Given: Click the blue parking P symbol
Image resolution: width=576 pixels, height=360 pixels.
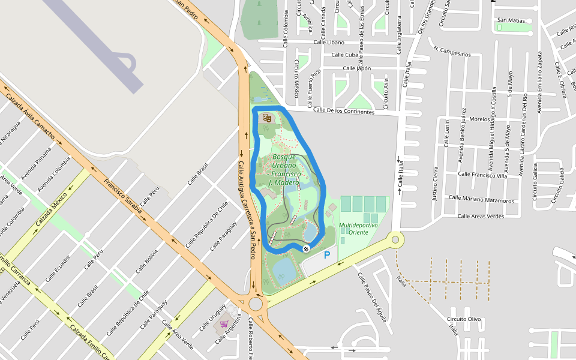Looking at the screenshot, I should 327,255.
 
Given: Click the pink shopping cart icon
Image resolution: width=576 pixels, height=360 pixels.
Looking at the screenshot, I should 224,324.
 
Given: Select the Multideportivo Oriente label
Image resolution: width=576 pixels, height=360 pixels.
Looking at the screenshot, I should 359,229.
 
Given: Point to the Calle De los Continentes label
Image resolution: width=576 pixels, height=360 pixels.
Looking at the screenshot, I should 344,111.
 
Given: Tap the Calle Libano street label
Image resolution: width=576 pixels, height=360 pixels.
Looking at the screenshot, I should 328,42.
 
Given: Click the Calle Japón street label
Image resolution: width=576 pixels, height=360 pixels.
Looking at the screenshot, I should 357,68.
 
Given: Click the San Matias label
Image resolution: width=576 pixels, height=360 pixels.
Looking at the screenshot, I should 511,20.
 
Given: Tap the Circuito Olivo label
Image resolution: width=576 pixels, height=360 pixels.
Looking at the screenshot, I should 464,319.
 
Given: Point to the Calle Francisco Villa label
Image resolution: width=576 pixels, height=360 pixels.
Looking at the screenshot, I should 483,175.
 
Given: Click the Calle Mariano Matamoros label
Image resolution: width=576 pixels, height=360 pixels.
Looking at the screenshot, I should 481,199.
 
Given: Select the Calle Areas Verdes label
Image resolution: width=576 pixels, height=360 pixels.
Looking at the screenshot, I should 481,216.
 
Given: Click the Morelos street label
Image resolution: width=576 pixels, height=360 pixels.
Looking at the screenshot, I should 480,119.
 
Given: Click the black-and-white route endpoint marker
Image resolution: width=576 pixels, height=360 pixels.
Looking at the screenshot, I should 306,248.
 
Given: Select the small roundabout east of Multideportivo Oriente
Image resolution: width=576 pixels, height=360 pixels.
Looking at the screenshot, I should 395,240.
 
